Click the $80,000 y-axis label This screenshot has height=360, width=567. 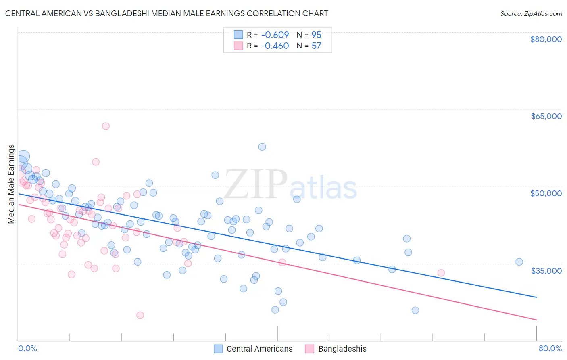point(546,39)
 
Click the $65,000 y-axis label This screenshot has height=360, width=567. point(546,116)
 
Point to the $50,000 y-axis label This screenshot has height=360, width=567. point(546,193)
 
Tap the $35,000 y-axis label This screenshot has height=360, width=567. point(546,270)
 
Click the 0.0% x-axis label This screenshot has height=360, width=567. point(27,348)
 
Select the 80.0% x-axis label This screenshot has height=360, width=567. point(550,348)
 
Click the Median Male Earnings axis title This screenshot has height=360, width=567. point(11,184)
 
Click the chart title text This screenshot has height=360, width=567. point(167,13)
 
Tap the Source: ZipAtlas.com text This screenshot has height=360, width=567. point(531,13)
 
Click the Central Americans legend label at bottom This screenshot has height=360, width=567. point(259,349)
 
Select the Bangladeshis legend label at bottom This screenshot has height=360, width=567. point(342,349)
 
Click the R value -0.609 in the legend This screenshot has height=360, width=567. point(275,35)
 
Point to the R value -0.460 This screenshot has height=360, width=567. point(275,46)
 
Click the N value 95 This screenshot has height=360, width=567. point(317,35)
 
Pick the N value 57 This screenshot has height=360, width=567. point(317,46)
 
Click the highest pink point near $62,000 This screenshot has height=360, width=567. point(106,126)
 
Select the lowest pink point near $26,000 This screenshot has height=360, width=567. point(140,315)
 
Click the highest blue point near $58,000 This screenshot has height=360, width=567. point(262,147)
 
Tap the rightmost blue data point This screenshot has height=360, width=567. point(519,262)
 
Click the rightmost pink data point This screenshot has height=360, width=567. point(441,273)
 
